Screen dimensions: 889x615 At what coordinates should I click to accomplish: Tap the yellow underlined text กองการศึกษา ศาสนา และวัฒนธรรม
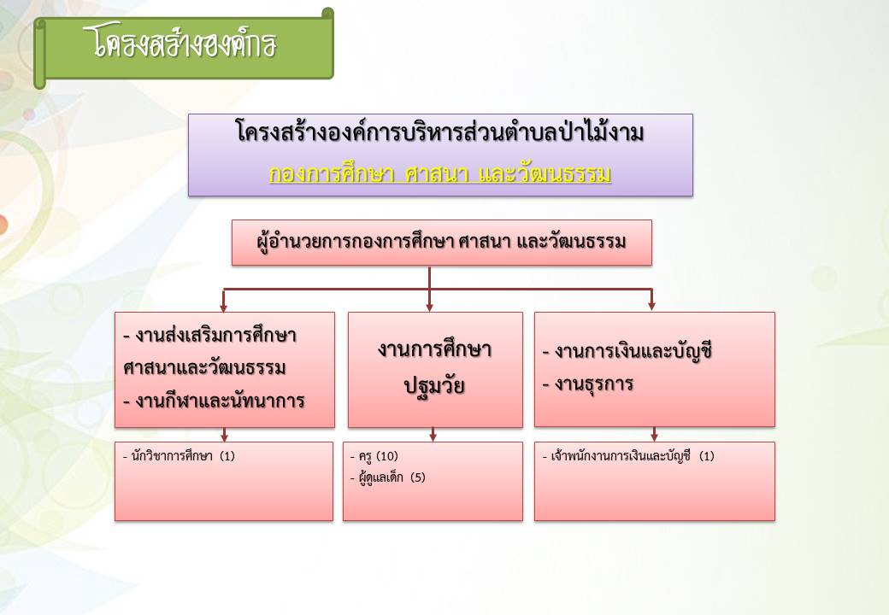pyautogui.click(x=440, y=173)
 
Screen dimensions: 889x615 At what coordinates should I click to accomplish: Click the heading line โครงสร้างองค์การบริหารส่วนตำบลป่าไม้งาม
pyautogui.click(x=440, y=132)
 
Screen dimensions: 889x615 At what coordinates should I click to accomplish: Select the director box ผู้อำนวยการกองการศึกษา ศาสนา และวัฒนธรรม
pyautogui.click(x=442, y=243)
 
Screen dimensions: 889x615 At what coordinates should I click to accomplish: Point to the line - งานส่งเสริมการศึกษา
pyautogui.click(x=209, y=335)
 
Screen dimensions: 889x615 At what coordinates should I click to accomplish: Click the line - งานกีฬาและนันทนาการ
pyautogui.click(x=214, y=401)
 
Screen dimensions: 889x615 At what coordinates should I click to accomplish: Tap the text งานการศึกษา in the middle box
pyautogui.click(x=434, y=348)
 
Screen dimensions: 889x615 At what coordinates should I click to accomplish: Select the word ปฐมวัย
pyautogui.click(x=434, y=386)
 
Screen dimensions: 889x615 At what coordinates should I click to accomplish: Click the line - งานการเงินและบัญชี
pyautogui.click(x=627, y=352)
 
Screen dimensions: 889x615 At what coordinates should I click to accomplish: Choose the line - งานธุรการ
pyautogui.click(x=587, y=384)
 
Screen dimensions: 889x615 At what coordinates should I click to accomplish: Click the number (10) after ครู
pyautogui.click(x=387, y=456)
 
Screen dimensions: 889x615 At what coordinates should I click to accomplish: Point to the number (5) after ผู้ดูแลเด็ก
pyautogui.click(x=417, y=477)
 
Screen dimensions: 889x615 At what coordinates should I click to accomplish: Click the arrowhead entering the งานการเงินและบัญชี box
pyautogui.click(x=651, y=306)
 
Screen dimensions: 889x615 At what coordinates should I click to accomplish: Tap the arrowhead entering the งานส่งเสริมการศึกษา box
pyautogui.click(x=223, y=307)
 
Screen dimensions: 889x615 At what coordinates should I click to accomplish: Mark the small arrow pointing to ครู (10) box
pyautogui.click(x=433, y=435)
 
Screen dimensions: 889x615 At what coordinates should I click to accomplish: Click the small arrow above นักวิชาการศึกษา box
pyautogui.click(x=225, y=435)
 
